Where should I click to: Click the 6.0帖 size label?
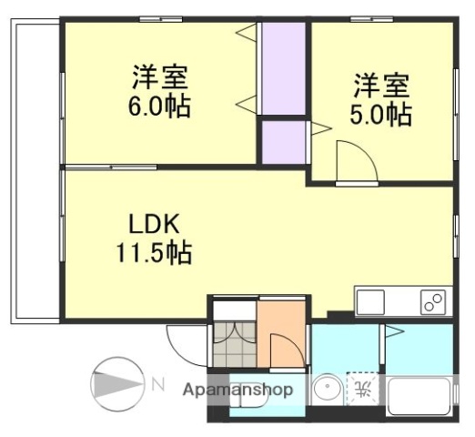coord(158,107)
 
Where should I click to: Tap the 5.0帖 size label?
coord(382,117)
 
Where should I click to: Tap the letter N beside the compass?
coord(157,382)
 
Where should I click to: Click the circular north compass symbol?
coord(116,382)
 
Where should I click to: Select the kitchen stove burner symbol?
coord(432,301)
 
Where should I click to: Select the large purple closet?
coord(284,69)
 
